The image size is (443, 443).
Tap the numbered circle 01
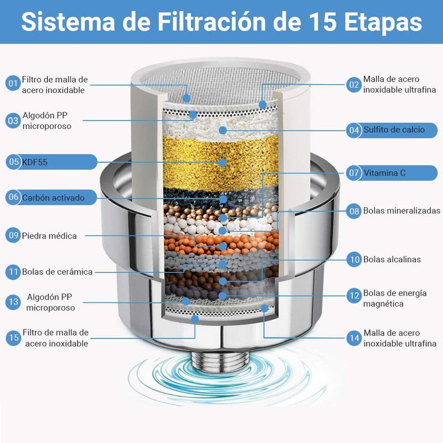tap(13, 84)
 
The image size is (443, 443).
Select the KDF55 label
tap(34, 162)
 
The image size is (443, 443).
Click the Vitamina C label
tap(385, 173)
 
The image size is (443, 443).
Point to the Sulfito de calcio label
tap(394, 130)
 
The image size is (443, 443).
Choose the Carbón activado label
tap(53, 197)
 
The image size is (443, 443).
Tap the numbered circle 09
tap(13, 236)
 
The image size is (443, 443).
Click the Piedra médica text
tap(49, 236)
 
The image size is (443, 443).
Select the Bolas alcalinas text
tap(392, 259)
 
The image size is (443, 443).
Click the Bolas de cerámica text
tap(57, 272)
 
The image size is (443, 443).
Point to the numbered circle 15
tap(13, 337)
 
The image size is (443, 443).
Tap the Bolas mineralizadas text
tap(401, 210)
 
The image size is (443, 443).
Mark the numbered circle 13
tap(13, 302)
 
